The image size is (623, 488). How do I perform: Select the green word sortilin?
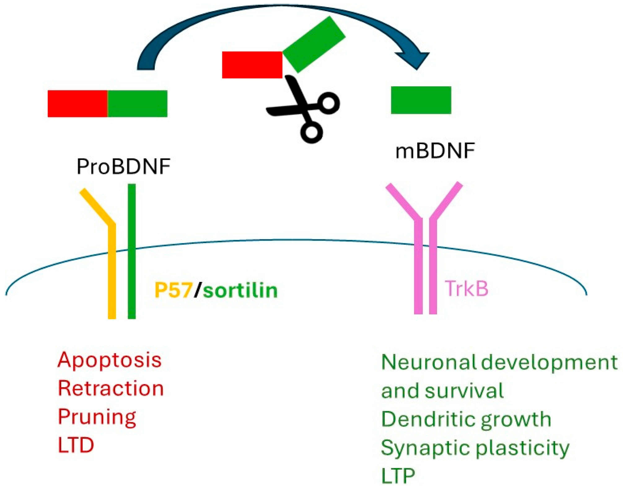click(240, 290)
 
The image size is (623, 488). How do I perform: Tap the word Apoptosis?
click(110, 360)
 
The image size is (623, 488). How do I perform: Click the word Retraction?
click(111, 389)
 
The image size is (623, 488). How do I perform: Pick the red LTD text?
click(76, 445)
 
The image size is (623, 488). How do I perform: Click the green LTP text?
click(398, 476)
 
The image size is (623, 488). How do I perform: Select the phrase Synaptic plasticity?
click(475, 448)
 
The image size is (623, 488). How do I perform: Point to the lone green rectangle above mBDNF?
click(421, 100)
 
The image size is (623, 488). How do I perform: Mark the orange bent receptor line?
click(112, 271)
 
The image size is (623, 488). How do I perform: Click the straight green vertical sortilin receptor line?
click(132, 251)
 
